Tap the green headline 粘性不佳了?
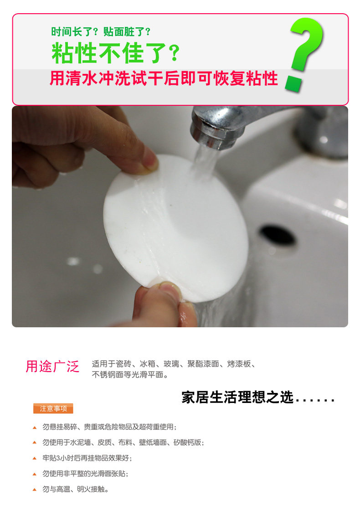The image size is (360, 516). coord(116,53)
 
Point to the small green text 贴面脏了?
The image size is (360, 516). coord(127,32)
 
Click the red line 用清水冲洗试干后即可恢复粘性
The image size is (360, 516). coord(164,79)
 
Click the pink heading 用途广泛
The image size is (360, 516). coord(53,366)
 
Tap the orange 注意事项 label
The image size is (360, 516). coord(53,408)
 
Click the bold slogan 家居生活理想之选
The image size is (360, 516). coord(237,397)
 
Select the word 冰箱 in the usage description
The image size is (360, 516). coord(148,364)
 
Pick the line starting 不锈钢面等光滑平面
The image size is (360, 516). coord(130,375)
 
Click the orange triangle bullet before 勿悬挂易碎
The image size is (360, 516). coord(35,428)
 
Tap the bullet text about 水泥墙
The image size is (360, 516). coord(123,442)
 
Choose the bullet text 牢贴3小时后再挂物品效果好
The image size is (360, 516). coord(87,458)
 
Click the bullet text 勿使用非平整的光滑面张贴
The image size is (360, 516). coord(85,474)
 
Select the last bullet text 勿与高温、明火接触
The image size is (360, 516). coord(75,489)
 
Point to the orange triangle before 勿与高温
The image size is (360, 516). coord(35,490)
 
